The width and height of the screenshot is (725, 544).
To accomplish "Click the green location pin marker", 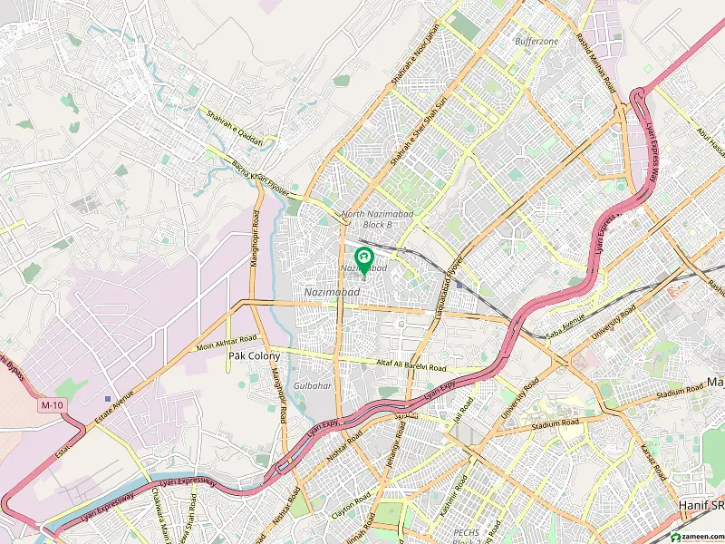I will tap(364, 261).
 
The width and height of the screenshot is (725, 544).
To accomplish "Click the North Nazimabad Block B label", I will tap(367, 219).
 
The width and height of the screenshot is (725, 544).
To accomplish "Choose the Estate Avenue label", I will tap(116, 408).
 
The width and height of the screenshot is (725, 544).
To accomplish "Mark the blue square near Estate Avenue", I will tap(108, 398).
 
